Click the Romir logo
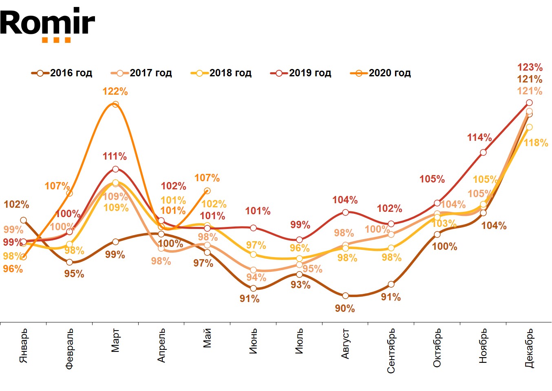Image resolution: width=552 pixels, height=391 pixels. point(47,24)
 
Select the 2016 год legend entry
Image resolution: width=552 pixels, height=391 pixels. point(62,73)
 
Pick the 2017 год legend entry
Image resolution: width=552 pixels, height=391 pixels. point(141,73)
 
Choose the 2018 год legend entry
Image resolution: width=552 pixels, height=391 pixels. point(221,73)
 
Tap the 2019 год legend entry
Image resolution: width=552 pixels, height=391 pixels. point(301,73)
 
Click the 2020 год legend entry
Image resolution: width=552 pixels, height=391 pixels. point(381,73)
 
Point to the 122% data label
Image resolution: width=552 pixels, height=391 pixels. point(115,91)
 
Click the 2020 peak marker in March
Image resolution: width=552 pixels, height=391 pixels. point(115,104)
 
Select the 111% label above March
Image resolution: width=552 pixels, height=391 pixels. point(115,156)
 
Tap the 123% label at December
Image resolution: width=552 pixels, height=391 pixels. point(530,67)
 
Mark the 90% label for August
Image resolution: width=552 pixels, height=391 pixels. point(345,309)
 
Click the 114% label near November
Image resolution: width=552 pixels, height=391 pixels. point(479,138)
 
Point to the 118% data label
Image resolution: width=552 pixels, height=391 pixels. point(536,143)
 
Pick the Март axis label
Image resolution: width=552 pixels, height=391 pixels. point(115,340)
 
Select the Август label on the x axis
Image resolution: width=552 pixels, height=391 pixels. point(345,344)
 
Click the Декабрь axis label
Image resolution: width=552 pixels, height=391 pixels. point(529,348)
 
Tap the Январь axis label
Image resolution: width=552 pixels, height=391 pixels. point(24,345)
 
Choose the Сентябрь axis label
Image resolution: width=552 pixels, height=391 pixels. point(391,351)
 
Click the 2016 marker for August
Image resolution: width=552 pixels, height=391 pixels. point(345,295)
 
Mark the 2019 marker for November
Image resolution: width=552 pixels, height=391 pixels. point(483,153)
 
